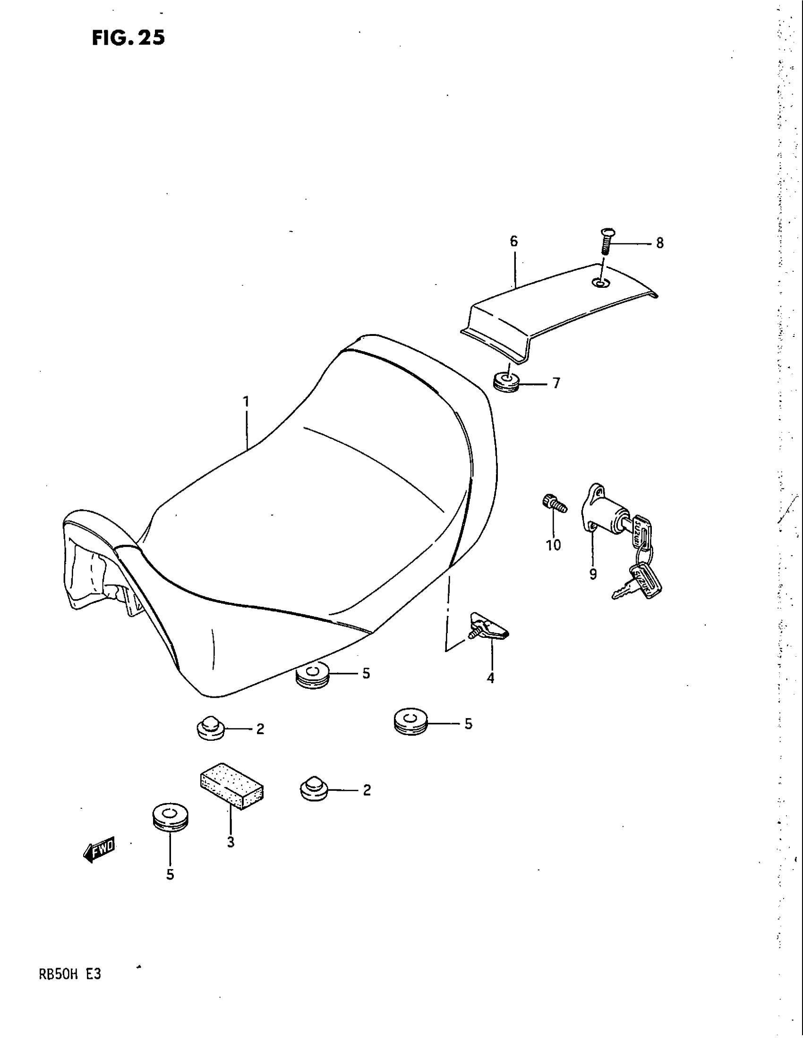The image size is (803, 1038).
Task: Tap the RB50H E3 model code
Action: coord(69,975)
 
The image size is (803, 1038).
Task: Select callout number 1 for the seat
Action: coord(246,402)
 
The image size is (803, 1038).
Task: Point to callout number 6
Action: coord(513,242)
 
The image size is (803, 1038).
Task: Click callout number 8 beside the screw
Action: coord(660,243)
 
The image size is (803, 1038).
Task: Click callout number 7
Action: coord(556,383)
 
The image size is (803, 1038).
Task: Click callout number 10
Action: coord(553,545)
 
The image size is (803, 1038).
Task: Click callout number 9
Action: coord(593,575)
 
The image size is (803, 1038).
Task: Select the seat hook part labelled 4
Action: coord(488,628)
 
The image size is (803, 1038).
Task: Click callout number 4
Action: coord(490,678)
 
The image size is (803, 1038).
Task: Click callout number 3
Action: coord(231,843)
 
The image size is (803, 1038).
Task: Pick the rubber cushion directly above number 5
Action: coord(170,818)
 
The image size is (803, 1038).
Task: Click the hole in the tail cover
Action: coord(600,283)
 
